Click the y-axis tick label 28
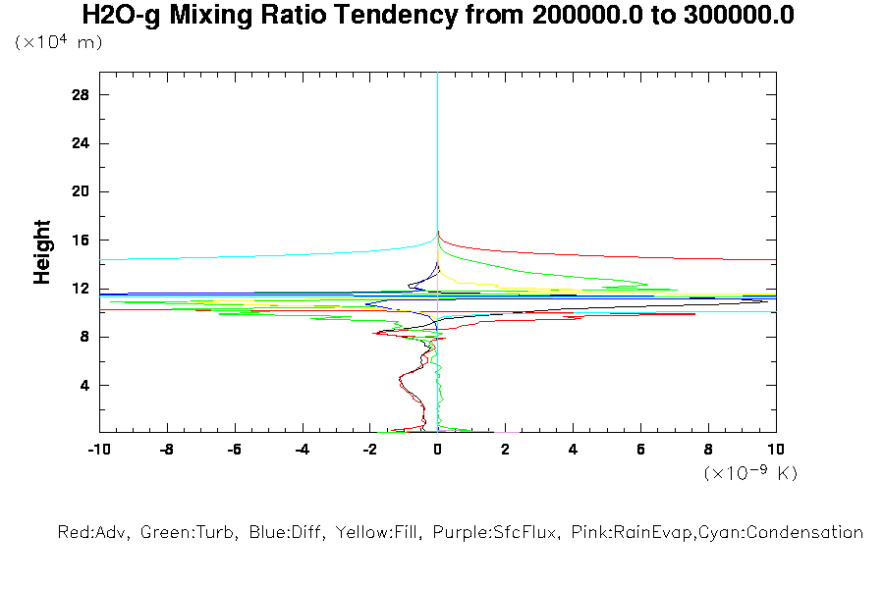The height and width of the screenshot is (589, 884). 82,94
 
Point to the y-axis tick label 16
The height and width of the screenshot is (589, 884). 82,240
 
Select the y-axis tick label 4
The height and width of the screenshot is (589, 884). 85,385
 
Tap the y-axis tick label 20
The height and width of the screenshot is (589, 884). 82,191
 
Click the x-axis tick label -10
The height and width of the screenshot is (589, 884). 98,449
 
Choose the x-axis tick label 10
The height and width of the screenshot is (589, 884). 776,449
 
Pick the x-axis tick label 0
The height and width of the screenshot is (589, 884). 437,449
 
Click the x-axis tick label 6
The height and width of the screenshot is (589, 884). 640,449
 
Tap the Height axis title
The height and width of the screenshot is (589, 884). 42,252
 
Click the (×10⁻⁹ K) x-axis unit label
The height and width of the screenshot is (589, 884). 750,473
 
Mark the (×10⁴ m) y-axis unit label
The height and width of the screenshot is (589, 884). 58,43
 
